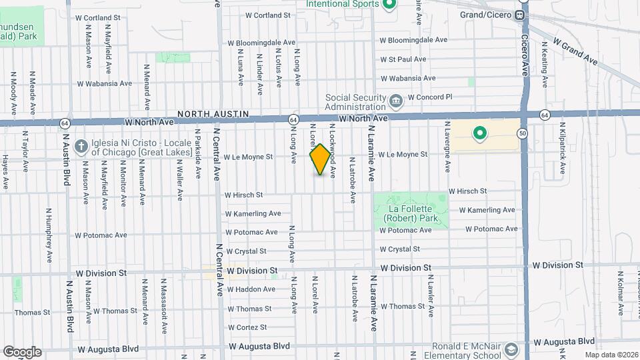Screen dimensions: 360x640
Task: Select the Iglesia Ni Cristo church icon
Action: [x=81, y=146]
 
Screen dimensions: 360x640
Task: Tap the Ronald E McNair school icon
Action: [x=511, y=349]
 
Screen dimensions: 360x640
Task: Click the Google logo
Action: [x=22, y=351]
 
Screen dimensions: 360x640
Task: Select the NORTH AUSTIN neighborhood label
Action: [x=213, y=115]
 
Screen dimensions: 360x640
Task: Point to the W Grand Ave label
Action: [x=575, y=51]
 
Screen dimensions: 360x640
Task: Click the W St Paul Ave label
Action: [x=403, y=59]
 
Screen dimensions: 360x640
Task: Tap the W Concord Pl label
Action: [x=430, y=97]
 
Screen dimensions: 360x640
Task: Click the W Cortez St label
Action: [x=247, y=327]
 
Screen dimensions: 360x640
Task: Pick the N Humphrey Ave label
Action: [x=49, y=235]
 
